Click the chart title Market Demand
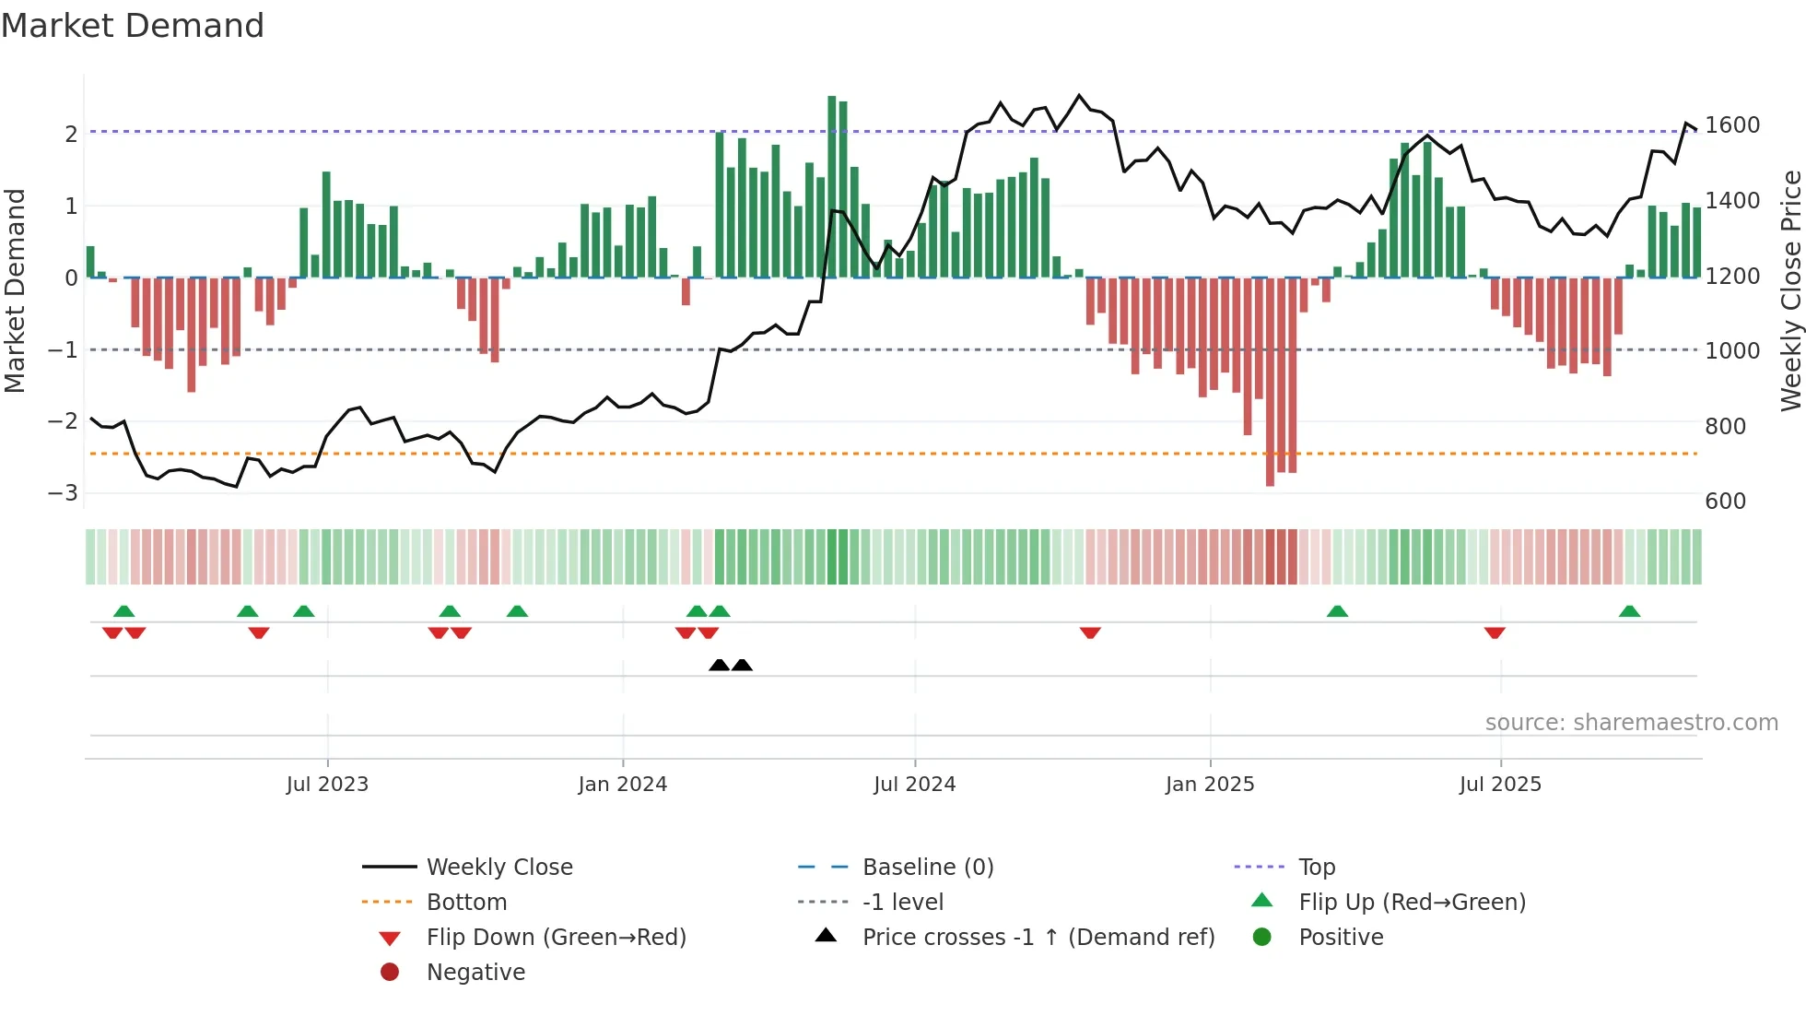(133, 26)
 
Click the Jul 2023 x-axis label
(327, 785)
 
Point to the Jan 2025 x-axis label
(1210, 785)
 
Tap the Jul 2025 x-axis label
(1500, 785)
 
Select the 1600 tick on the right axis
(1732, 125)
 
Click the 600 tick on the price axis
(1726, 502)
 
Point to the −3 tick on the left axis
(64, 493)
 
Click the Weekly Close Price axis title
(1790, 290)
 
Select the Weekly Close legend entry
(498, 868)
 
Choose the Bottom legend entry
(466, 903)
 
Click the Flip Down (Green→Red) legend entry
(556, 938)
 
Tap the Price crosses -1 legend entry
(1038, 938)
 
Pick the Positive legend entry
(1341, 938)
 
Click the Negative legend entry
(475, 973)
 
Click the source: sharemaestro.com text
(1631, 723)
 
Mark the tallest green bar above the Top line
(832, 184)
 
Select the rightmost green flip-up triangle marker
(1629, 611)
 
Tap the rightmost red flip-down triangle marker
(1495, 632)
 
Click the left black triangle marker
(719, 665)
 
